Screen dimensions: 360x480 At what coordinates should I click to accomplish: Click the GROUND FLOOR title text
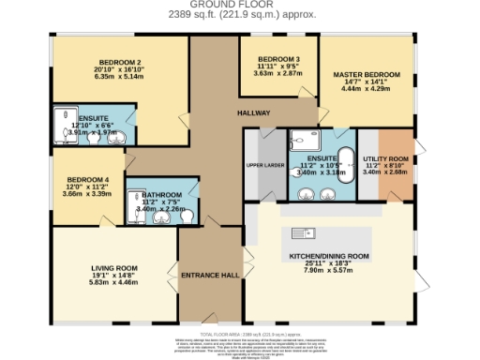pos(239,5)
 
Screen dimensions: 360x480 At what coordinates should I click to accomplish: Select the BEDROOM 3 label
pos(277,58)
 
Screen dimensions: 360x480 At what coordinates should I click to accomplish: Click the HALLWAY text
pos(253,112)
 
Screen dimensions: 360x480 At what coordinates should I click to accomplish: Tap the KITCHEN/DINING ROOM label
pos(336,256)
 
